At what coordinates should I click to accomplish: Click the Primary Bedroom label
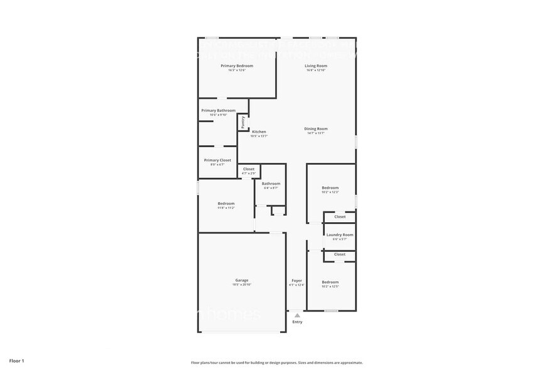[237, 65]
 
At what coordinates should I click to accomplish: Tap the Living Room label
[316, 65]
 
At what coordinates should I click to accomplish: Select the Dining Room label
[316, 128]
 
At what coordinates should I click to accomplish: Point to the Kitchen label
[259, 132]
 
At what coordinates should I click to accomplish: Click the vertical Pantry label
[243, 122]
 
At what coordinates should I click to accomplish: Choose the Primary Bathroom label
[218, 110]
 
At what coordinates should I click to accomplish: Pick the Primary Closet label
[217, 160]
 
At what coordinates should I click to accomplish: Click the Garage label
[242, 280]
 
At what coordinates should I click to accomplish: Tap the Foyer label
[296, 280]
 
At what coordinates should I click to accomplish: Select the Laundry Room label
[340, 234]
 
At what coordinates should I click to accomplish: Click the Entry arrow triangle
[297, 316]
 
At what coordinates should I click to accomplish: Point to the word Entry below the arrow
[297, 322]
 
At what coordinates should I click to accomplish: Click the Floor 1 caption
[16, 361]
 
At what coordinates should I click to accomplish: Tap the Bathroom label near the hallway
[271, 183]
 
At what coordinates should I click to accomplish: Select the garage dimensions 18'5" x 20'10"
[242, 285]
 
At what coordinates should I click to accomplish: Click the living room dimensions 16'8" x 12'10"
[316, 70]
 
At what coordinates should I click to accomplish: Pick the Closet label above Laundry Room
[340, 216]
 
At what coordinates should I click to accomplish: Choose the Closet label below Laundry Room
[340, 254]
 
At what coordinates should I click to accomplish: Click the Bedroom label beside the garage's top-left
[226, 203]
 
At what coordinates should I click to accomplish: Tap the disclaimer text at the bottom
[277, 363]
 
